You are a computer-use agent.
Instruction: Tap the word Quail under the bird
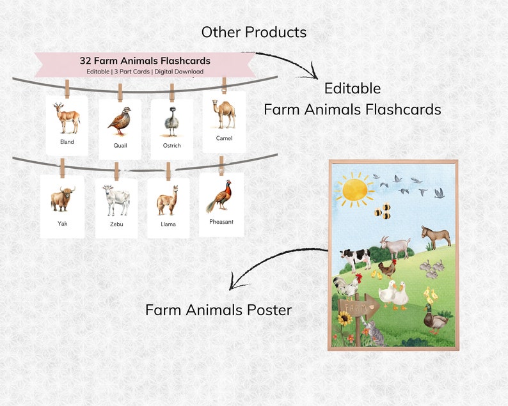[x=120, y=146]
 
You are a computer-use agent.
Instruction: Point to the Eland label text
[x=67, y=142]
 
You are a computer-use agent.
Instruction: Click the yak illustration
[x=62, y=199]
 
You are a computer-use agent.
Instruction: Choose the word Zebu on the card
[x=116, y=224]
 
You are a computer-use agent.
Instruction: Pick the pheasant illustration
[x=220, y=196]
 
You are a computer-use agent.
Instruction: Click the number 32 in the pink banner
[x=85, y=61]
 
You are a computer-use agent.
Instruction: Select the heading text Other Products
[x=253, y=32]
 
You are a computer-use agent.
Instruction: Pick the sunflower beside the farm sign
[x=344, y=318]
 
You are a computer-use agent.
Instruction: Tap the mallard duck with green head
[x=435, y=318]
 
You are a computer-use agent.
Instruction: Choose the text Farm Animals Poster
[x=218, y=310]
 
